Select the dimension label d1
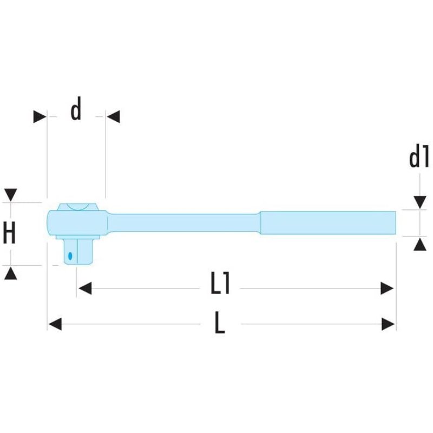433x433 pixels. (x=418, y=158)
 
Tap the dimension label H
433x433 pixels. (x=9, y=234)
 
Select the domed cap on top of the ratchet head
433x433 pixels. (x=77, y=206)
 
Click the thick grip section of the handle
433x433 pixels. (x=328, y=222)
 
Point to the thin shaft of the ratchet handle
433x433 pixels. (x=184, y=222)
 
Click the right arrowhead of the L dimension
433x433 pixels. (x=388, y=324)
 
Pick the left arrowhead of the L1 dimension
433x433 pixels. (x=85, y=288)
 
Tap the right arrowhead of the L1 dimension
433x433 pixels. (x=387, y=288)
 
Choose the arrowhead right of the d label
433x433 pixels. (x=113, y=116)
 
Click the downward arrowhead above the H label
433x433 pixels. (x=11, y=195)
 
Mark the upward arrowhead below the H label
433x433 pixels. (x=11, y=273)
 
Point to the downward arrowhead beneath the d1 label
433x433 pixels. (x=419, y=202)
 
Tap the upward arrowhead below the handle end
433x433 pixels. (x=419, y=245)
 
